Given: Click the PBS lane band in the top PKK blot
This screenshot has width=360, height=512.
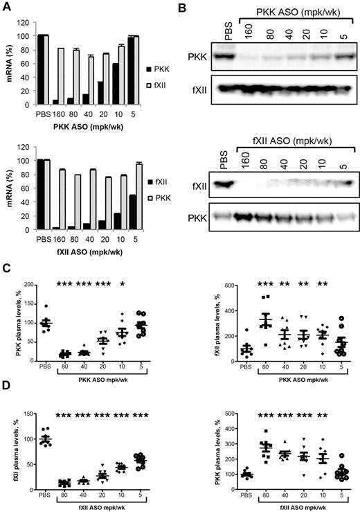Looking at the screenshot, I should pos(226,54).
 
